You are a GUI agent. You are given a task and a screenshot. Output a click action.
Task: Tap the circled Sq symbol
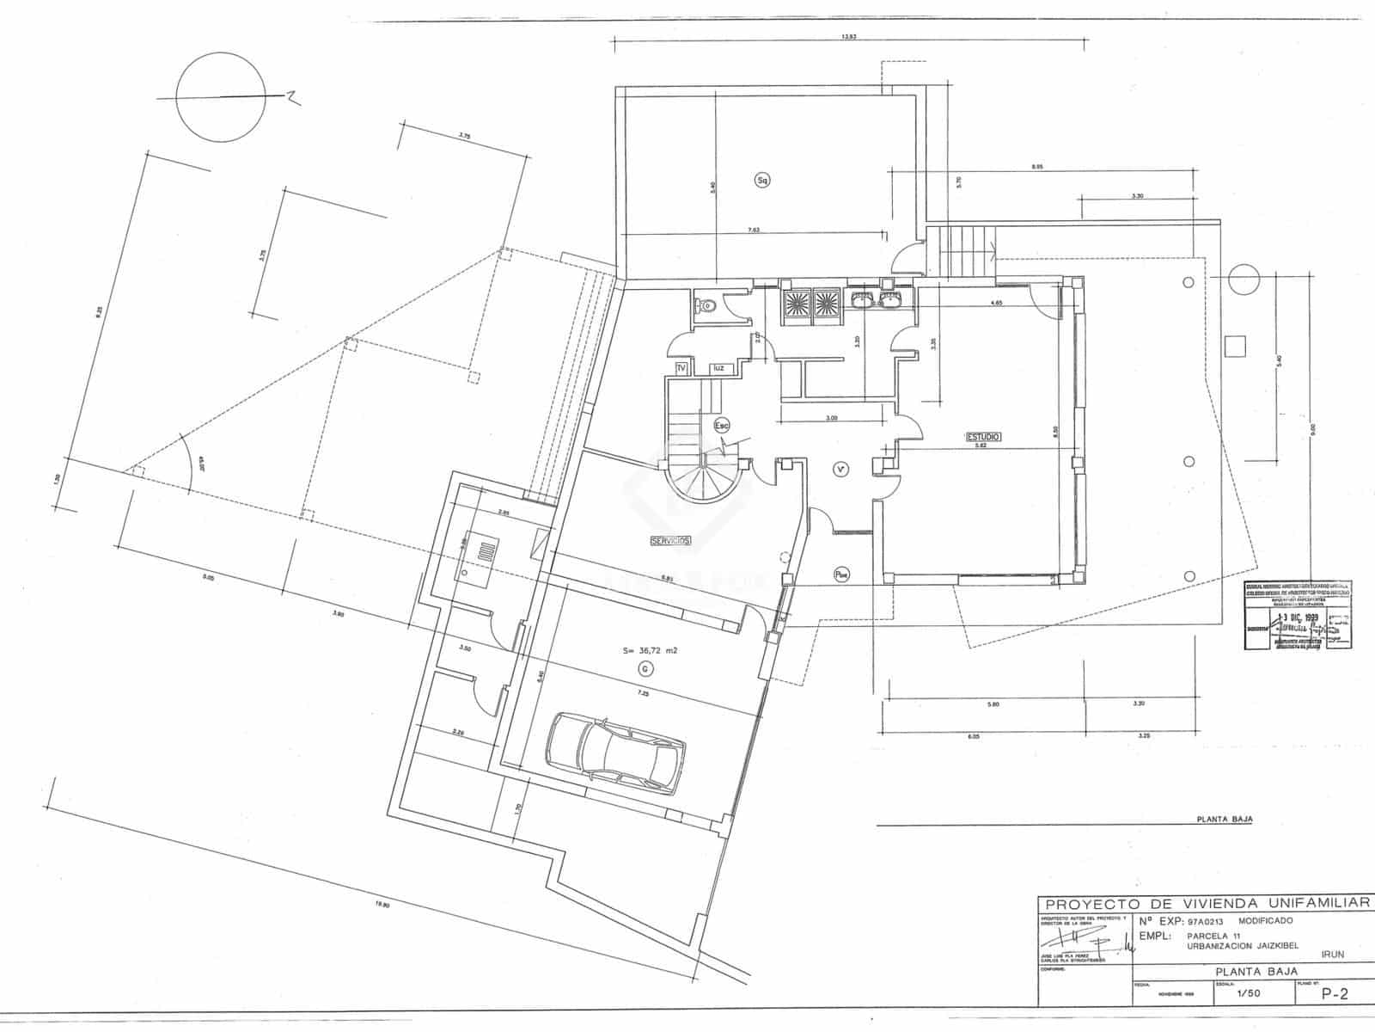pyautogui.click(x=761, y=180)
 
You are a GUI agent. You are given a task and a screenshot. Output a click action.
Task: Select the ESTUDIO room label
pyautogui.click(x=982, y=437)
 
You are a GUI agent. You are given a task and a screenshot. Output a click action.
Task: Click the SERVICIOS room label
pyautogui.click(x=670, y=541)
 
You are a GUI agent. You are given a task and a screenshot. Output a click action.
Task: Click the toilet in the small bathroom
pyautogui.click(x=706, y=305)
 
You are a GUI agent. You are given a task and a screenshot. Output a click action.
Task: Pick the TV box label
pyautogui.click(x=681, y=368)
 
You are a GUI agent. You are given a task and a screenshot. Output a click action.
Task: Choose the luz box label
pyautogui.click(x=718, y=368)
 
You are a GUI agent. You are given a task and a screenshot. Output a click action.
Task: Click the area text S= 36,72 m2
pyautogui.click(x=651, y=651)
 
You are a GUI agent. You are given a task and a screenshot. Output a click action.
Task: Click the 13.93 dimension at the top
pyautogui.click(x=849, y=37)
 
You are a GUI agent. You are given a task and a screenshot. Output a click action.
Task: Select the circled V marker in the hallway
pyautogui.click(x=841, y=469)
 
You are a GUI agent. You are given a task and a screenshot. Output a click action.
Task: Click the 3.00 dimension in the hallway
pyautogui.click(x=832, y=418)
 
